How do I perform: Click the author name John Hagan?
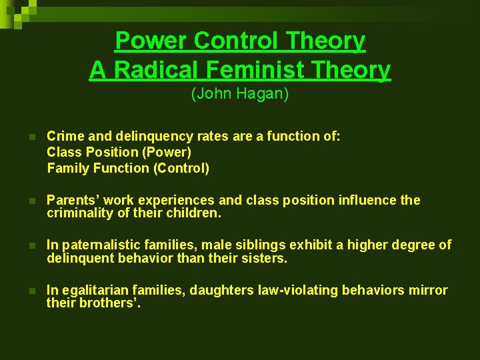pos(240,94)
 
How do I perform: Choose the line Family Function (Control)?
pos(128,168)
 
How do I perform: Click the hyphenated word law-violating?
pos(293,290)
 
